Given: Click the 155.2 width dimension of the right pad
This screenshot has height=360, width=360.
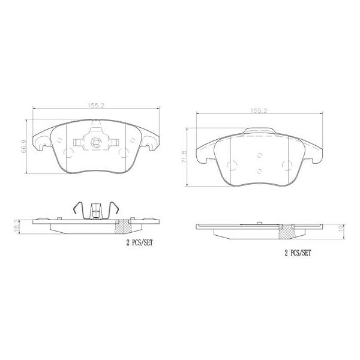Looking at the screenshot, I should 259,111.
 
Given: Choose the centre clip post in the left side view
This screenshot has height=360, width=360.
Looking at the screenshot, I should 95,211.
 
